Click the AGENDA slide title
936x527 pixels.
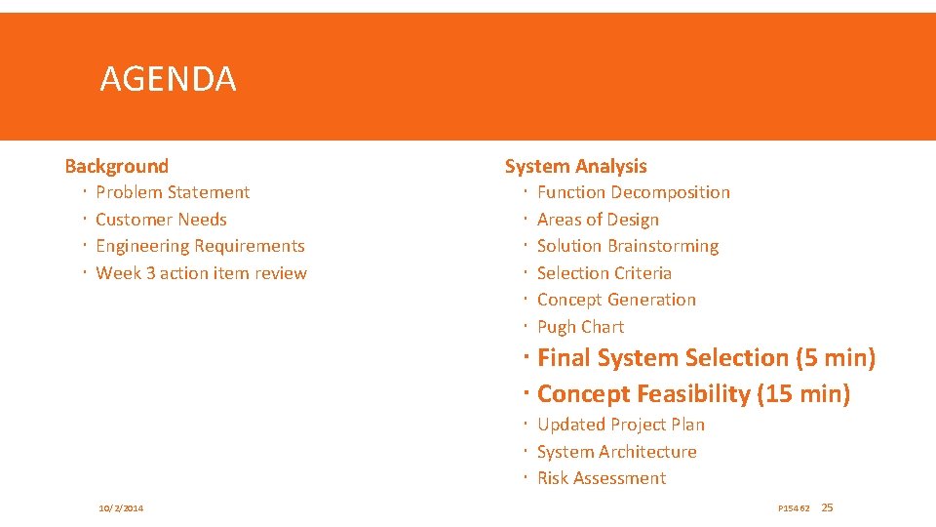[168, 78]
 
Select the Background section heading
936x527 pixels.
[116, 166]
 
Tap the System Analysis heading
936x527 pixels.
[575, 166]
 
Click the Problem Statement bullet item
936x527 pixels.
[173, 192]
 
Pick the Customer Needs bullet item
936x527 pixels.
[161, 220]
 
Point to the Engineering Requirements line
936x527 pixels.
[200, 246]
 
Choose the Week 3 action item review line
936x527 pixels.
[201, 273]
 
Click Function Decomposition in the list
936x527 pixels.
[633, 192]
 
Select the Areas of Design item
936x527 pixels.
[598, 220]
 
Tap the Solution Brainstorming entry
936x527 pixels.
[628, 246]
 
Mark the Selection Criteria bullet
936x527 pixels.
[604, 273]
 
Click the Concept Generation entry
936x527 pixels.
[616, 300]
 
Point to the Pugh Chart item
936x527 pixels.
[580, 327]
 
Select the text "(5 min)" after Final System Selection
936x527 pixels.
[836, 358]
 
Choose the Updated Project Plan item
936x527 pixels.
[620, 425]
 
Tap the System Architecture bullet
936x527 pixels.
[616, 452]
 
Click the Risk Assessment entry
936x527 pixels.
[602, 478]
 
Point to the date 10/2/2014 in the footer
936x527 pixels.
[121, 508]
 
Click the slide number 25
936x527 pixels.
[828, 507]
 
